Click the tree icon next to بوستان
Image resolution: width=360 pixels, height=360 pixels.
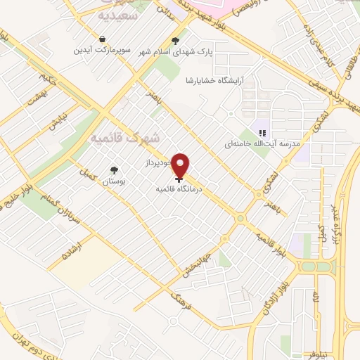[x=113, y=169]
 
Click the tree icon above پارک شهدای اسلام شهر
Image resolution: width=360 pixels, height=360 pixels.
[x=175, y=40]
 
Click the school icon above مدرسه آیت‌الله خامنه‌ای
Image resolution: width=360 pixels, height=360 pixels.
[x=262, y=132]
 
